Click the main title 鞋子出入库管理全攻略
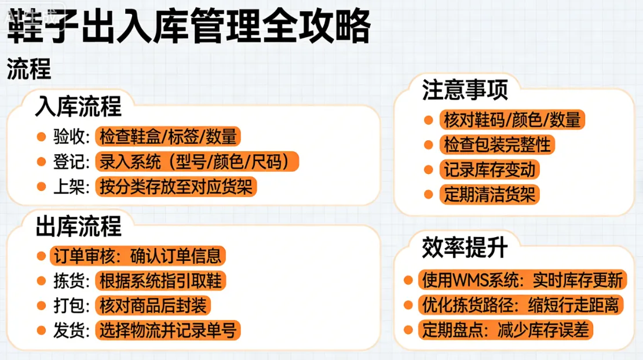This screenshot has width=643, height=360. coord(188,26)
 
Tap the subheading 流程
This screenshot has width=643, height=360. coord(29,70)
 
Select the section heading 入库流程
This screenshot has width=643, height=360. coord(78,107)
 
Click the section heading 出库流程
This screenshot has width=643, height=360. coord(78,226)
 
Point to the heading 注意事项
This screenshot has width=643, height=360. coord(465,90)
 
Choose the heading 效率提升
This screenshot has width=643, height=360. coord(465,248)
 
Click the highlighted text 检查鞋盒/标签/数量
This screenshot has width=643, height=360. coord(168,137)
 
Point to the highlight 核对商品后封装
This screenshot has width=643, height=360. coord(152,306)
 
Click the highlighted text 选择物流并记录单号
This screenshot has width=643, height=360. coord(168,330)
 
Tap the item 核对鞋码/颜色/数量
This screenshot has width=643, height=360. coord(512,119)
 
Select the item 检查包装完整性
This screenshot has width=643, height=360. coord(496,144)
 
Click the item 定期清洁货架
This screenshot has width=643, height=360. coord(489,194)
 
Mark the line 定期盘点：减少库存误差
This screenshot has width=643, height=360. coord(505,330)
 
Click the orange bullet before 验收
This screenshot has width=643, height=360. coord(41,137)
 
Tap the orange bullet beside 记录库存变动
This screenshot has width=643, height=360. coord(429,170)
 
